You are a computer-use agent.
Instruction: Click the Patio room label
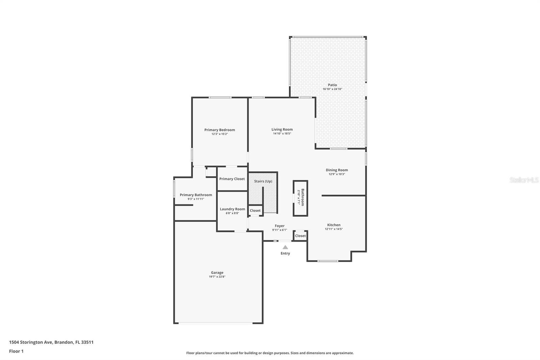pos(332,85)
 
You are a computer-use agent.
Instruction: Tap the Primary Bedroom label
pos(219,130)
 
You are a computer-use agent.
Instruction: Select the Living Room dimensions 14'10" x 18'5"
pos(282,134)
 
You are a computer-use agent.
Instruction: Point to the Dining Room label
pos(336,170)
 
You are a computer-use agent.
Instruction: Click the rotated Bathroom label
pos(302,197)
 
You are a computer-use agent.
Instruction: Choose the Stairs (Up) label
pos(263,181)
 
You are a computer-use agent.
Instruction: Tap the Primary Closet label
pos(232,179)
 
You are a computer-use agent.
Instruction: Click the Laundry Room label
pos(232,209)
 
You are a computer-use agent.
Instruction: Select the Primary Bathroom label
pos(196,195)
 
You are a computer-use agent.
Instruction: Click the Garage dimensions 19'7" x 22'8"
pos(217,277)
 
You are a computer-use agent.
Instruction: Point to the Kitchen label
pos(333,225)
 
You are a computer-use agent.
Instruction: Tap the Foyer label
pos(279,226)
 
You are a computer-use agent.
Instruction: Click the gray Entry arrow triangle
pos(285,247)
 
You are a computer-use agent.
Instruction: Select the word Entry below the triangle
pos(285,253)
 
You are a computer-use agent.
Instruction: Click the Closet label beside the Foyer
pos(300,236)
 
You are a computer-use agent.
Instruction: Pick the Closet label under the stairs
pos(255,210)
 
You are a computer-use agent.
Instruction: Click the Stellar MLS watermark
pos(524,180)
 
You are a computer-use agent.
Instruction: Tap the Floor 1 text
pos(16,351)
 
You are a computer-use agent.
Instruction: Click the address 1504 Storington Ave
pos(31,342)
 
